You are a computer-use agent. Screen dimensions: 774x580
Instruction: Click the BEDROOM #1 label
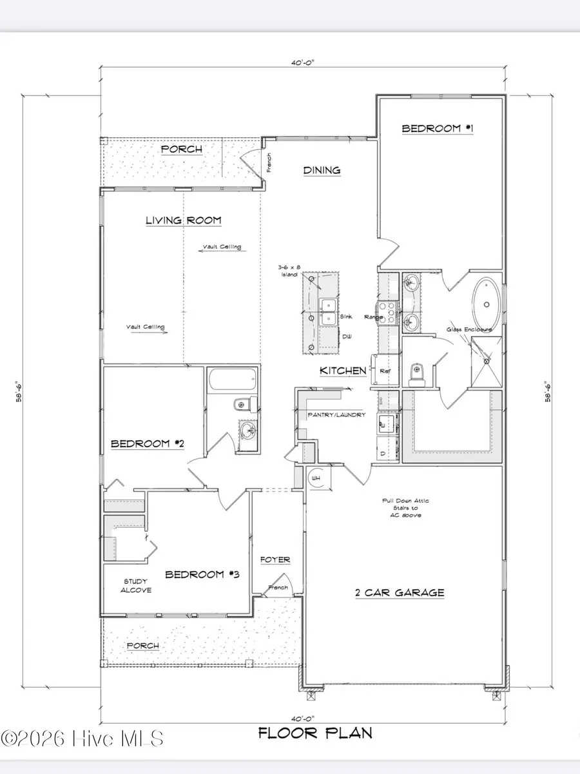pyautogui.click(x=438, y=129)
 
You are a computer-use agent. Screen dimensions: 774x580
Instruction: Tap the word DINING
pyautogui.click(x=322, y=170)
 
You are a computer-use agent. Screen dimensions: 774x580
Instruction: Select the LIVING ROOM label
pyautogui.click(x=183, y=220)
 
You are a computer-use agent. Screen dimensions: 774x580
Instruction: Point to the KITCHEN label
pyautogui.click(x=343, y=371)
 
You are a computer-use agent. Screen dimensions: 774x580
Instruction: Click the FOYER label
pyautogui.click(x=275, y=559)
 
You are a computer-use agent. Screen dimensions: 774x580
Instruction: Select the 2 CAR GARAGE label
pyautogui.click(x=400, y=592)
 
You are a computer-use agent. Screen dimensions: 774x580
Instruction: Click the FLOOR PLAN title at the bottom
pyautogui.click(x=315, y=733)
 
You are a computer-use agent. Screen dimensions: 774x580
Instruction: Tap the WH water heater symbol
pyautogui.click(x=316, y=478)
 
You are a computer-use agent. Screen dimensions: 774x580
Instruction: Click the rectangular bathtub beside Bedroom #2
pyautogui.click(x=233, y=380)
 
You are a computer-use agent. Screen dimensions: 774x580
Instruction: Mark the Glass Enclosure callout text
pyautogui.click(x=469, y=329)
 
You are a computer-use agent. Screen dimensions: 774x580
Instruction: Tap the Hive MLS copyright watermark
pyautogui.click(x=82, y=737)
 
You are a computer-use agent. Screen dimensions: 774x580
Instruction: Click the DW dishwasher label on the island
pyautogui.click(x=346, y=336)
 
